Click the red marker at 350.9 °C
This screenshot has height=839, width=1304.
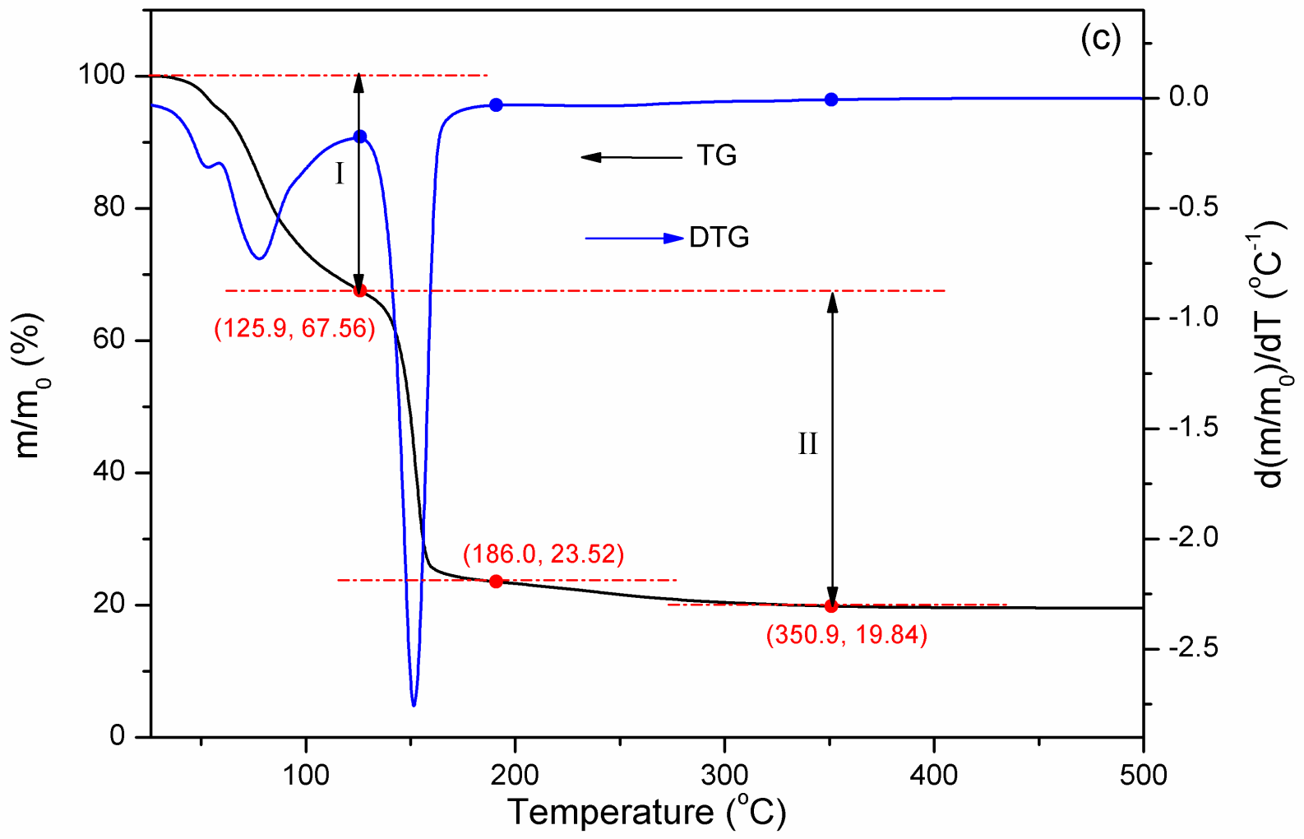(x=831, y=606)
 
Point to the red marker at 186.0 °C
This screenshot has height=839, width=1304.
(x=496, y=582)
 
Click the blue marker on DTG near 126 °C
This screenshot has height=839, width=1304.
(x=359, y=137)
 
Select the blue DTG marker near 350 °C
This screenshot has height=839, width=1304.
(x=831, y=100)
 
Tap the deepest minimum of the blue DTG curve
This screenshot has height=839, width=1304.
(x=414, y=704)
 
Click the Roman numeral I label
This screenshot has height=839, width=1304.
(x=340, y=174)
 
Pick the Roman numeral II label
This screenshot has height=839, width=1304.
(x=807, y=444)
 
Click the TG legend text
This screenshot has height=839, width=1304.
(x=716, y=155)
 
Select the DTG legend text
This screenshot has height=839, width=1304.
(x=719, y=238)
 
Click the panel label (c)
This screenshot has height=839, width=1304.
(x=1100, y=38)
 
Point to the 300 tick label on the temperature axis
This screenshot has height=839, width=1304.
(x=724, y=775)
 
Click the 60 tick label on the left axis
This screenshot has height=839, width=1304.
(x=109, y=340)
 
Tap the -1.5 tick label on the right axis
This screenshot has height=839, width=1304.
(x=1193, y=428)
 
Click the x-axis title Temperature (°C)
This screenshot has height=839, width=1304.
(x=647, y=813)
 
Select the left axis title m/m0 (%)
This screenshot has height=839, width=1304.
(x=30, y=387)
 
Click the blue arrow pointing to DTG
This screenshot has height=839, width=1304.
(x=634, y=239)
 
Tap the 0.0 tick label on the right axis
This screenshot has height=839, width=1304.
(x=1189, y=97)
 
